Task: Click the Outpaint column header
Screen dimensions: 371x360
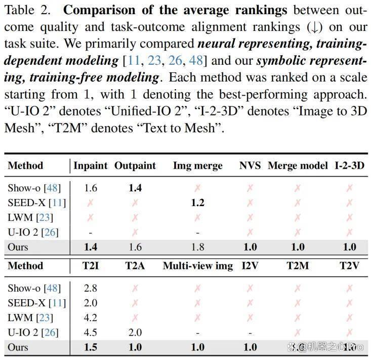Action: point(135,166)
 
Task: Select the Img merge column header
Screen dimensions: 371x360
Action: point(198,166)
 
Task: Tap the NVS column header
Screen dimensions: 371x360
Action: point(250,166)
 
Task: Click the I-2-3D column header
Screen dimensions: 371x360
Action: point(349,166)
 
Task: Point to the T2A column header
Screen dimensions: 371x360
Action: point(135,265)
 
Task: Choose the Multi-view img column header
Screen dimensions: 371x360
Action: point(198,266)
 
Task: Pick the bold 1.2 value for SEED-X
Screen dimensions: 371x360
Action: point(198,203)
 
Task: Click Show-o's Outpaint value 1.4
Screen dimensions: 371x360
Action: point(135,188)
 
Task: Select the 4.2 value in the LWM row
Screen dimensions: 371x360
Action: point(91,317)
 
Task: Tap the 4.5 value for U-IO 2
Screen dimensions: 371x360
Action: point(91,332)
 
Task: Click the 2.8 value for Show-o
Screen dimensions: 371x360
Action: point(91,288)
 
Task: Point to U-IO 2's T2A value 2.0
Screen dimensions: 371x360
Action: point(135,332)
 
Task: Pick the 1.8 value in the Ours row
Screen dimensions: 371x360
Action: point(198,247)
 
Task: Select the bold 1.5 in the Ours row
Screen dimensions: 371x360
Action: point(91,347)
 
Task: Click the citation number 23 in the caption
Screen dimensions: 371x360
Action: point(154,60)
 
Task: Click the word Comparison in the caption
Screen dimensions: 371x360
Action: point(99,11)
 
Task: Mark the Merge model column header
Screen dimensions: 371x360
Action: point(298,166)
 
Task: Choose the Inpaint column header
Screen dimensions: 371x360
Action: point(91,166)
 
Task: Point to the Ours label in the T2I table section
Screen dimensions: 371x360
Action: point(18,347)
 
